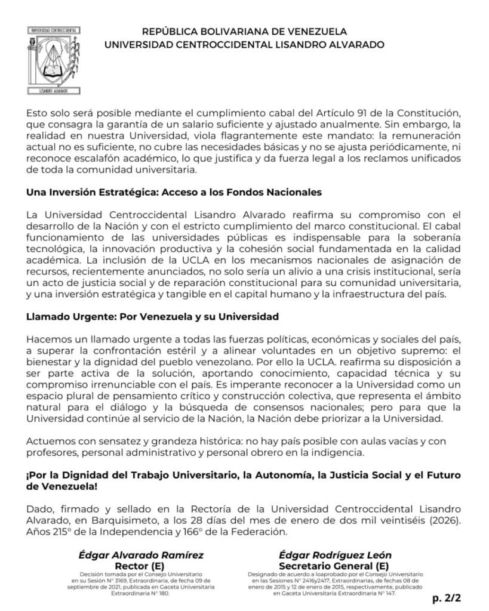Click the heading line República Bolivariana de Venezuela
click(244, 31)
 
